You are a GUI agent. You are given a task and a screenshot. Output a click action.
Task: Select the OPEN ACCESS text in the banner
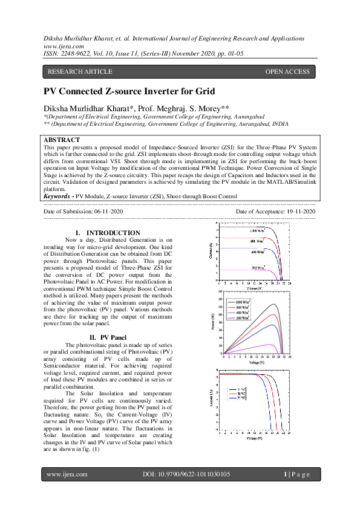tap(287, 72)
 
